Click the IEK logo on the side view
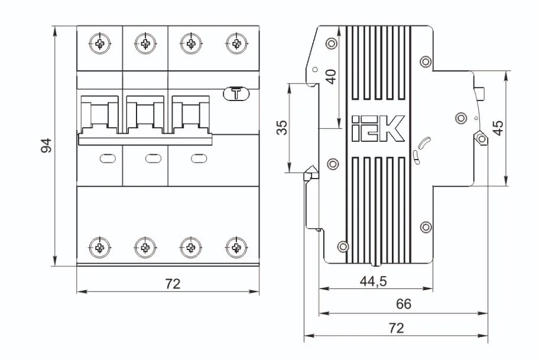coord(377,128)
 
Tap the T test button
coord(236,93)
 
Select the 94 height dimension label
coord(46,145)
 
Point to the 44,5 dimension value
coord(373,282)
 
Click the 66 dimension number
coord(404,304)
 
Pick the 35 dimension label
coord(283,128)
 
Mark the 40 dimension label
coord(331,76)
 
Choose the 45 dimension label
coord(498,128)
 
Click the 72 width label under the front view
coord(172,284)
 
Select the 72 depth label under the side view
coord(397,328)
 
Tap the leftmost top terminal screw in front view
coord(100,43)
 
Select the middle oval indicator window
coord(152,158)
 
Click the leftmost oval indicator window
coord(107,158)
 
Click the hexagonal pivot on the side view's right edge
coord(481,138)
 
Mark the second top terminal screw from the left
coord(145,43)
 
